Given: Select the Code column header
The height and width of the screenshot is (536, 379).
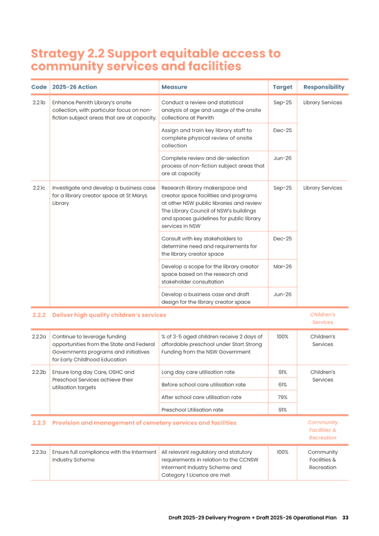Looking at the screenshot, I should point(39,87).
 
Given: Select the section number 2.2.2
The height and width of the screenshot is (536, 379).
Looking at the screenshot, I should point(39,315).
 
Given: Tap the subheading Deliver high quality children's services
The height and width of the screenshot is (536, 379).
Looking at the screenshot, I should point(109,315).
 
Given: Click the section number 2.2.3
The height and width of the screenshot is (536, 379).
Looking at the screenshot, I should point(39,423).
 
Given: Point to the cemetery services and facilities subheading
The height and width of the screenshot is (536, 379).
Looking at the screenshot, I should point(144,423).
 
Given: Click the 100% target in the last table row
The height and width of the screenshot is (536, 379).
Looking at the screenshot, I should point(282,451).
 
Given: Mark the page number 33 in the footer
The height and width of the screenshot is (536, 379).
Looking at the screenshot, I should point(345,517).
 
